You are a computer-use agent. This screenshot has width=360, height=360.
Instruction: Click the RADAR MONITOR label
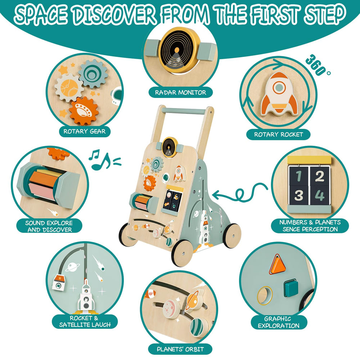point(180,93)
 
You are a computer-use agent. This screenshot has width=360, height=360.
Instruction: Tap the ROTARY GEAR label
point(85,131)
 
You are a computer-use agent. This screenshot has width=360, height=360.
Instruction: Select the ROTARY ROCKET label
point(278,134)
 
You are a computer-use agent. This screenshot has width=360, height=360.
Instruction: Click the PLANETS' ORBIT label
point(180,349)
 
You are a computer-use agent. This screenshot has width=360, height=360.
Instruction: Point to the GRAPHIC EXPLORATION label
point(279,322)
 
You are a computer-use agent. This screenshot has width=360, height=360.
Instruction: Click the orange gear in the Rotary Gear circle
point(84,111)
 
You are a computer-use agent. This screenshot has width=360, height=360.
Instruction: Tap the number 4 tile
point(320,195)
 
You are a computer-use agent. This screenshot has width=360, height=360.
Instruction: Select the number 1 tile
point(298,176)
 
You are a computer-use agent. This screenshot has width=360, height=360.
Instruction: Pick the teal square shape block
point(291,288)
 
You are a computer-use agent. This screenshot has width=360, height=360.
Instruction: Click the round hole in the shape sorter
point(265,296)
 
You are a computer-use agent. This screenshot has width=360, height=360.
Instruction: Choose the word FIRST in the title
point(275,14)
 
